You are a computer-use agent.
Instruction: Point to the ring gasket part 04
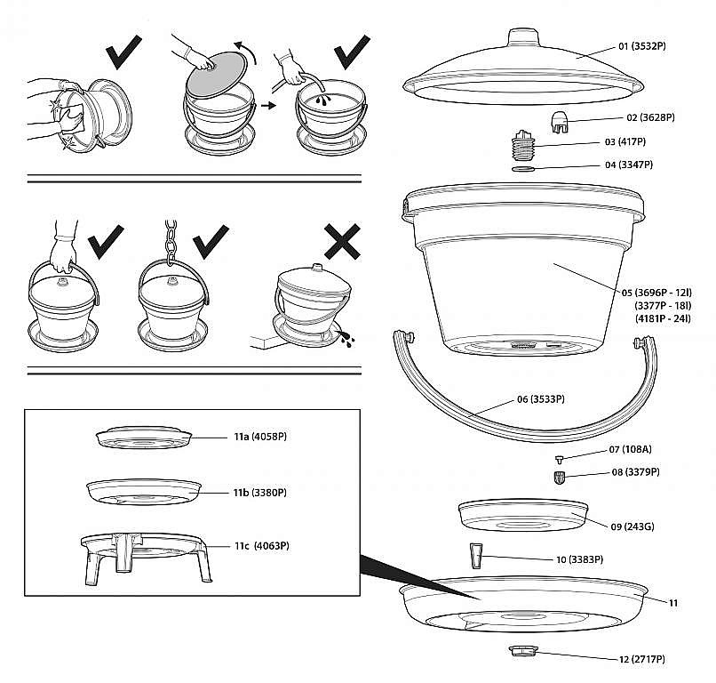coord(525,167)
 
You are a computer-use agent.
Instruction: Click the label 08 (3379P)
coord(635,472)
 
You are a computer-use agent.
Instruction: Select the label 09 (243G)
coord(632,526)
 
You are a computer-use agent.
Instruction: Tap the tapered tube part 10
coord(475,556)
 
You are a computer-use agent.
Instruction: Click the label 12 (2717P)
coord(640,659)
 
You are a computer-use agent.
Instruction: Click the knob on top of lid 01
coord(521,39)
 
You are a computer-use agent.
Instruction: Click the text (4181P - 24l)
coord(662,318)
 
